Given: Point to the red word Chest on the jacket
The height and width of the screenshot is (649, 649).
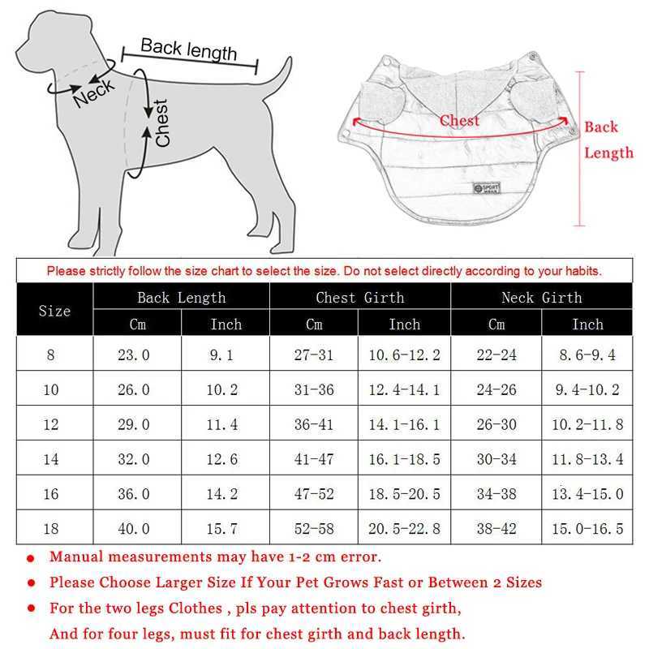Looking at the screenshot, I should click(x=459, y=121).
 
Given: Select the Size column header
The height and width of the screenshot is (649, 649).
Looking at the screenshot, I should click(x=55, y=311).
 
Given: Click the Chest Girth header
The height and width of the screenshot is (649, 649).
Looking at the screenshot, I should click(x=360, y=298).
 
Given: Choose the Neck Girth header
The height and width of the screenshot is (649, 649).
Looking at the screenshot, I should click(x=541, y=298).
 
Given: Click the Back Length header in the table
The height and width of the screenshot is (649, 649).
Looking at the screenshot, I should click(x=181, y=298).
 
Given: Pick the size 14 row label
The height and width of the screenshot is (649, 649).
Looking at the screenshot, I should click(x=51, y=459).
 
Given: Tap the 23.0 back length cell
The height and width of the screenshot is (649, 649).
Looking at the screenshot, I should click(x=135, y=355).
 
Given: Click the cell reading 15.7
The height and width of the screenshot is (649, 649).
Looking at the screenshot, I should click(x=221, y=529).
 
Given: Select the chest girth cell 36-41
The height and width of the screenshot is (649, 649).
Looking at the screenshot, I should click(x=314, y=424).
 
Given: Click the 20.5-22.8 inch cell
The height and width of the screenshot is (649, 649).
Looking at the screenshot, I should click(x=404, y=529).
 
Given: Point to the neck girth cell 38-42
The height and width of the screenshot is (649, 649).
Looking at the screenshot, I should click(x=496, y=529).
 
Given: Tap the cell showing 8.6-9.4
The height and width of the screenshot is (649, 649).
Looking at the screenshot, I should click(x=587, y=355).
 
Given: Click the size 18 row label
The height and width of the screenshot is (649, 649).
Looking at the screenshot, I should click(x=51, y=529).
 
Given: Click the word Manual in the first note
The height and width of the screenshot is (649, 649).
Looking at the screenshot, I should click(x=76, y=557).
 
